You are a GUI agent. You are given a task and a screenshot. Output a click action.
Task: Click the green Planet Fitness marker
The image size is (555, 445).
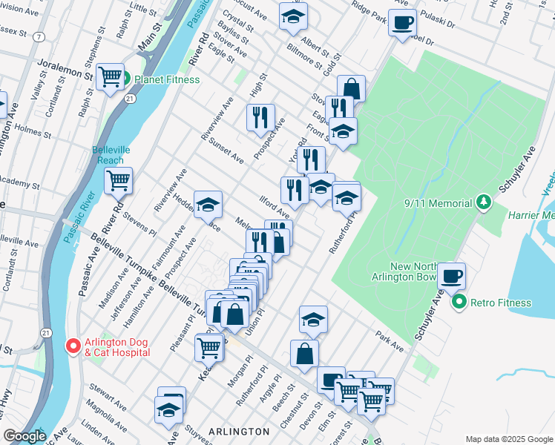[x=126, y=79]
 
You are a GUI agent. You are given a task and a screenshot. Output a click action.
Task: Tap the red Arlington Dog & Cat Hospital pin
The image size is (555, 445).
[x=73, y=346]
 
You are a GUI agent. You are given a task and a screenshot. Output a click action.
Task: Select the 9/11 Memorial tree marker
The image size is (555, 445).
[x=483, y=202]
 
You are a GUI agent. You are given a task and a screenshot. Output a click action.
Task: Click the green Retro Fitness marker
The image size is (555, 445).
[x=459, y=302]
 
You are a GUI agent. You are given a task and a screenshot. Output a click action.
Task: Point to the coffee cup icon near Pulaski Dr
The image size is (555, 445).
[x=402, y=23]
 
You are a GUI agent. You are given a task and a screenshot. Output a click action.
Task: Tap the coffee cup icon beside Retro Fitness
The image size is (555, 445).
[x=451, y=277]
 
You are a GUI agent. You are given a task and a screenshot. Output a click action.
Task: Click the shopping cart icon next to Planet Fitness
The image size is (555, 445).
[x=110, y=75]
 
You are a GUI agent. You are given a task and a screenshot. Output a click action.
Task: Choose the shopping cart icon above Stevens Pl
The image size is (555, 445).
[x=119, y=180]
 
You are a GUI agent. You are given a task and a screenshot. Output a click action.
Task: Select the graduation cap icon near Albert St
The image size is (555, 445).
[x=293, y=16]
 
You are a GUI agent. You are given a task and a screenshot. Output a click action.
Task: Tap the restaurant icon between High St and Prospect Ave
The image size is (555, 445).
[x=260, y=117]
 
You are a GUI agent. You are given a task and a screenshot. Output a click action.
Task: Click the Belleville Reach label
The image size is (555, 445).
[x=111, y=154]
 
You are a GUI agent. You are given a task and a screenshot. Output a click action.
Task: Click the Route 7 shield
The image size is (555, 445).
[x=38, y=36]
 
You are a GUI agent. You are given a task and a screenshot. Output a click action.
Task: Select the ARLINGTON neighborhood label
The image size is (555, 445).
[x=239, y=431]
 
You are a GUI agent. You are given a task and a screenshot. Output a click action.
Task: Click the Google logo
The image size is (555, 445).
[x=24, y=436]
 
